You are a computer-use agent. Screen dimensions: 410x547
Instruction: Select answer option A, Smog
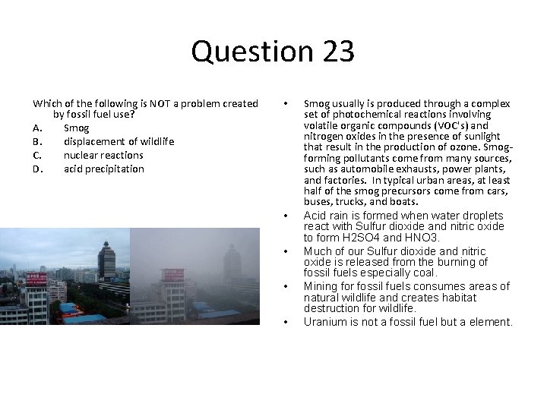pyautogui.click(x=76, y=128)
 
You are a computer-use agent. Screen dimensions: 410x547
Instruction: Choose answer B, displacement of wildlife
pyautogui.click(x=119, y=141)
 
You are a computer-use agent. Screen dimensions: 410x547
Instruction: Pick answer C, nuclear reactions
pyautogui.click(x=103, y=155)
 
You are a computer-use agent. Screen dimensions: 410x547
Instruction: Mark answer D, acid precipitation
pyautogui.click(x=103, y=169)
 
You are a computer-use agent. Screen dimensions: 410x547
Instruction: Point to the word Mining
pyautogui.click(x=321, y=286)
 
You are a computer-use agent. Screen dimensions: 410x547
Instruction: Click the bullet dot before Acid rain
pyautogui.click(x=285, y=216)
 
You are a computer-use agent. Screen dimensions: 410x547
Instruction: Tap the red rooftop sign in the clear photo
pyautogui.click(x=36, y=279)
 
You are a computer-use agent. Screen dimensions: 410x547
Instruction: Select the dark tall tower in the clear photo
pyautogui.click(x=107, y=261)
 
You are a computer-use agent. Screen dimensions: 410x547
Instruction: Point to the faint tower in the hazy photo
pyautogui.click(x=232, y=263)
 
